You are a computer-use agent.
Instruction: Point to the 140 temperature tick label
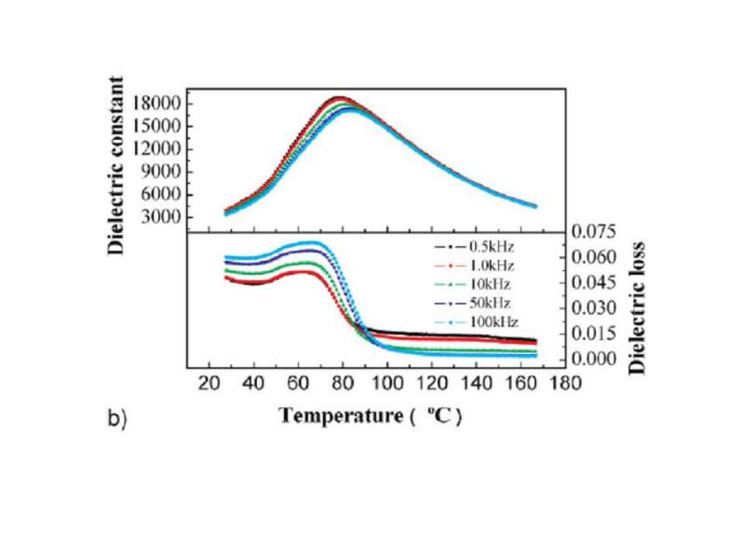coord(477,383)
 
